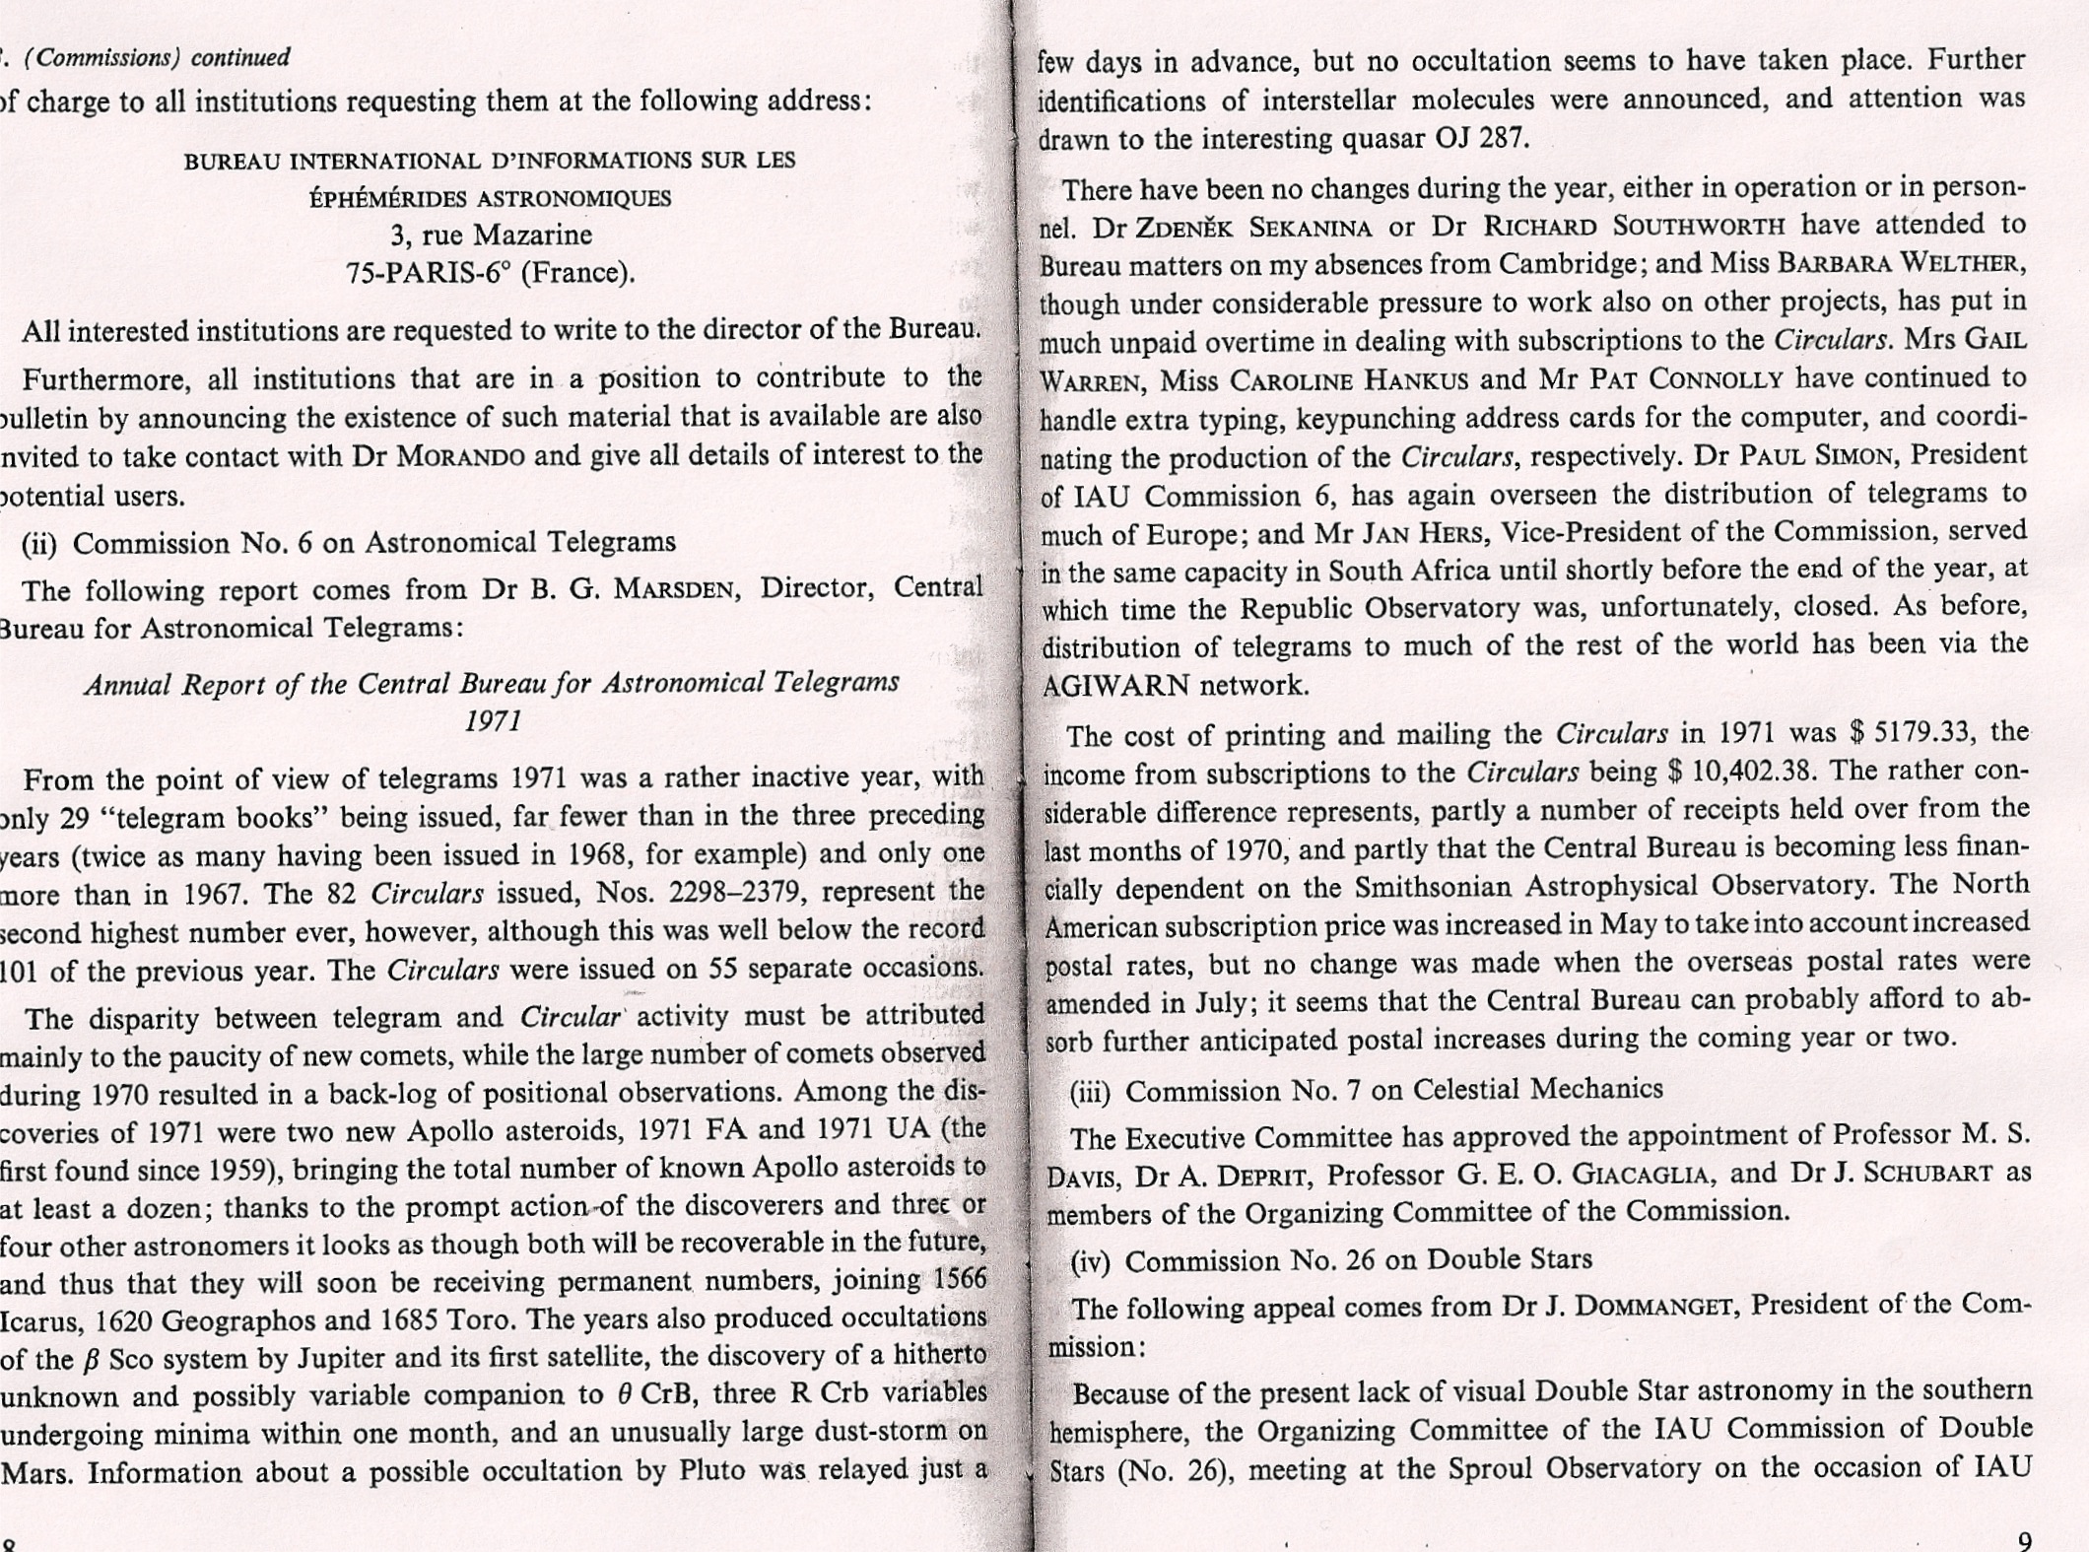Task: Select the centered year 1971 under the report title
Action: [493, 721]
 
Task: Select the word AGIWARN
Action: [1115, 686]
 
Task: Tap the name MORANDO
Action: [460, 456]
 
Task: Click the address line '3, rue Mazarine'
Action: [491, 235]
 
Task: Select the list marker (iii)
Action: [1091, 1091]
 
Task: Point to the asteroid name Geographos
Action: [233, 1320]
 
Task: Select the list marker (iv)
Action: [1091, 1261]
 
